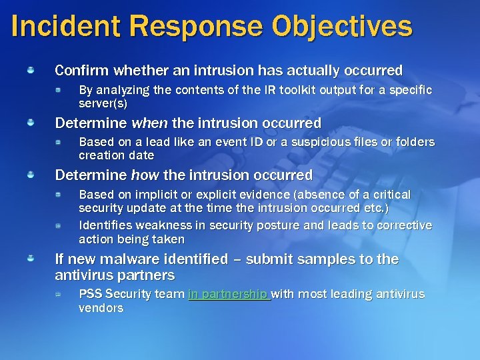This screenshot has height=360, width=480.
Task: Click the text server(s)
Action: point(103,103)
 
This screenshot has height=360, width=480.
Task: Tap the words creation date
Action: point(116,155)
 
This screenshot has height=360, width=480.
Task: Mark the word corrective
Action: point(403,226)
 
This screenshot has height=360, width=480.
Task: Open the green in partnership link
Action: point(229,294)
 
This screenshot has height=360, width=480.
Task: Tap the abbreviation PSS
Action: point(90,294)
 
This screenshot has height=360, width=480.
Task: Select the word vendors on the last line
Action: point(101,308)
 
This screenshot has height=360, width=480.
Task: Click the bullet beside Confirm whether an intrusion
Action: point(31,69)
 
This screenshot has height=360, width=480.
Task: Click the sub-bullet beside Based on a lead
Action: point(59,141)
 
